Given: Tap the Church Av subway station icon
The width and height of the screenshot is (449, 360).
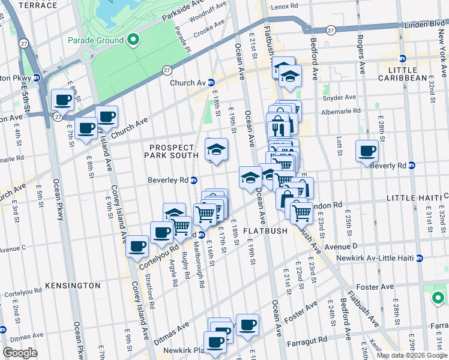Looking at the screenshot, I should click(211, 83).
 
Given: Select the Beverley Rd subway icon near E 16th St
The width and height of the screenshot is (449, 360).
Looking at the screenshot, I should click(194, 180).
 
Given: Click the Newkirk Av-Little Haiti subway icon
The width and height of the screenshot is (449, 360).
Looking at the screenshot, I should click(420, 258).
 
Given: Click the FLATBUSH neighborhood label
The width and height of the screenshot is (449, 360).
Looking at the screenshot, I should click(267, 230).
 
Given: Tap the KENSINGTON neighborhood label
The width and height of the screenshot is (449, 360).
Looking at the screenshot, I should click(73, 285).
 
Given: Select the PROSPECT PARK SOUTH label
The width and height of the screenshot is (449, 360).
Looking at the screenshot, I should click(172, 151).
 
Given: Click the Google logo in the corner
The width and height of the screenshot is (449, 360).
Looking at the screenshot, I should click(20, 353).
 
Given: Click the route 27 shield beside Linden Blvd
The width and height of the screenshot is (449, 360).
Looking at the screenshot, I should click(331, 29).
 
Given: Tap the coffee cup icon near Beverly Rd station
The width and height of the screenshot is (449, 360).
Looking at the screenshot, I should click(367, 151).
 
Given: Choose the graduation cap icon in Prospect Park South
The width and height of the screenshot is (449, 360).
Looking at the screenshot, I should click(217, 148).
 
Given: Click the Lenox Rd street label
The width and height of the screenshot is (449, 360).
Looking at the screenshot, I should click(285, 7).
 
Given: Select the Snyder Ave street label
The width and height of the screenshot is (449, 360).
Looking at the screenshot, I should click(339, 97).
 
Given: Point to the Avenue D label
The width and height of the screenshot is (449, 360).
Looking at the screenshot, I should click(341, 245).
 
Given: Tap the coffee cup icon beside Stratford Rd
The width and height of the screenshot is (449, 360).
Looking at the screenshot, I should click(137, 245).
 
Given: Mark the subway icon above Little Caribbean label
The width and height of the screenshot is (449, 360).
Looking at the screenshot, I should click(403, 58).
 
